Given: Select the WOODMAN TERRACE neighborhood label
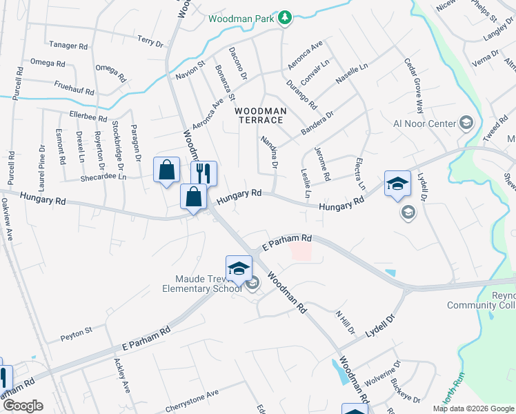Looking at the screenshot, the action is (259, 115).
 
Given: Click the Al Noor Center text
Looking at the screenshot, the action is (424, 124).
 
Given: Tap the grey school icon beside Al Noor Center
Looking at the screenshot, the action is (466, 123).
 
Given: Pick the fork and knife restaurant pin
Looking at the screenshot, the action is (204, 172).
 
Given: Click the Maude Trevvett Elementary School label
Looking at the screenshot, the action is (201, 284).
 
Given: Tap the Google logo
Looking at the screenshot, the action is (22, 406).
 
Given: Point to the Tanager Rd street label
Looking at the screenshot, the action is (68, 46).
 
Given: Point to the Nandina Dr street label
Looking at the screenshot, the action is (268, 152).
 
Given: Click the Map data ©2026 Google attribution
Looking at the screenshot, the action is (474, 408).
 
